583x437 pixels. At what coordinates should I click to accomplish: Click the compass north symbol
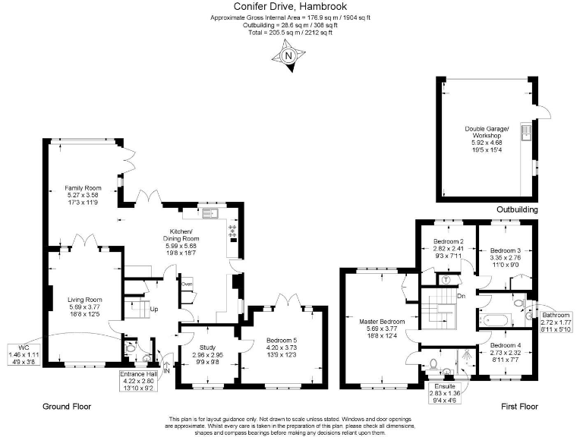click(288, 57)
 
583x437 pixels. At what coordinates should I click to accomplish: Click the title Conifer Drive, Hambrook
click(291, 8)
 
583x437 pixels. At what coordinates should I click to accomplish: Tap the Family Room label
click(83, 194)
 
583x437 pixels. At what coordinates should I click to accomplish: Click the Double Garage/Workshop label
click(488, 136)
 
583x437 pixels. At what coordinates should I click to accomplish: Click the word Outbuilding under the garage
click(517, 209)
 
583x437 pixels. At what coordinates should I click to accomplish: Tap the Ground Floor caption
click(67, 407)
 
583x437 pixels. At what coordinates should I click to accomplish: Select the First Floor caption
click(519, 407)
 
